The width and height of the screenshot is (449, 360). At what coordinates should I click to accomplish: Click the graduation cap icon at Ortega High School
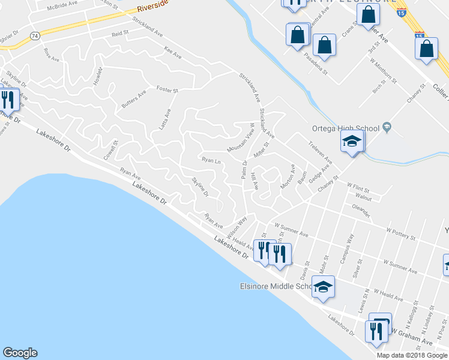coord(352,142)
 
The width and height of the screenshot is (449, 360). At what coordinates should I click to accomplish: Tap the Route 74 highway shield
coord(35,36)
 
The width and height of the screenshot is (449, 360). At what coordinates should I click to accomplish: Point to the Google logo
coord(20,353)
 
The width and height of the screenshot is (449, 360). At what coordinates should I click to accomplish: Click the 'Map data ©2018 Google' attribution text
coord(412,355)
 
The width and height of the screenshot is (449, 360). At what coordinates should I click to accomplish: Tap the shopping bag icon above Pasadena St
coord(324,45)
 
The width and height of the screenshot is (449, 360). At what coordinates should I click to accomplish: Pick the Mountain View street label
coord(241,140)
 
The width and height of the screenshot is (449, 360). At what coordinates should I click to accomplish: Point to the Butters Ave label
coord(133,100)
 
